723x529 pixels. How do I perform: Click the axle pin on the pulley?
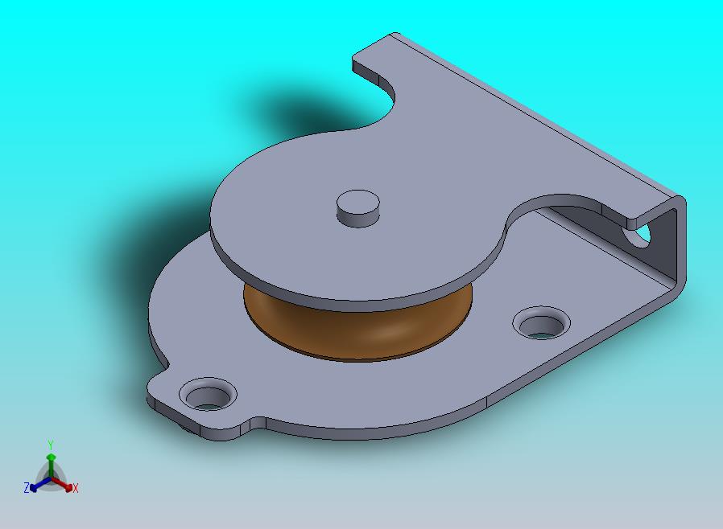(358, 208)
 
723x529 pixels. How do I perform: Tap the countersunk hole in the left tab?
(208, 394)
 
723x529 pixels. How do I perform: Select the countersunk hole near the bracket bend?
(541, 322)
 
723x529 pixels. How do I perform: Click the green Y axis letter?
(51, 445)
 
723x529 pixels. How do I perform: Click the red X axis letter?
(75, 488)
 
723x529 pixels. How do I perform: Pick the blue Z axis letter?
(27, 487)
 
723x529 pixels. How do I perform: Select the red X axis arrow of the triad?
(62, 484)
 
